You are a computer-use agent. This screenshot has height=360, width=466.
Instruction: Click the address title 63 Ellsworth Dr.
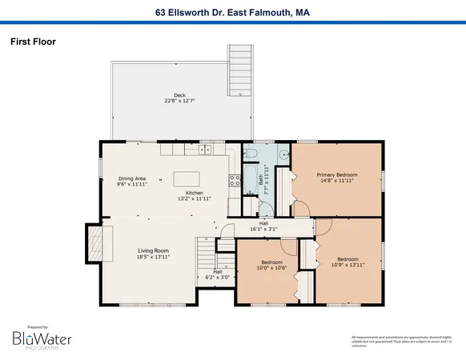[x=233, y=12]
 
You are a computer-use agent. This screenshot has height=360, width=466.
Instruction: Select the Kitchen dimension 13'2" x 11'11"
[x=195, y=198]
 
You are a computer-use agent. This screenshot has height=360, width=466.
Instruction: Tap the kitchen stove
[x=235, y=180]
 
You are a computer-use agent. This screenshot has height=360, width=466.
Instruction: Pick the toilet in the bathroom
[x=250, y=154]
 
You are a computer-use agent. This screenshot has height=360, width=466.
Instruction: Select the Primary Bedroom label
[x=336, y=174]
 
